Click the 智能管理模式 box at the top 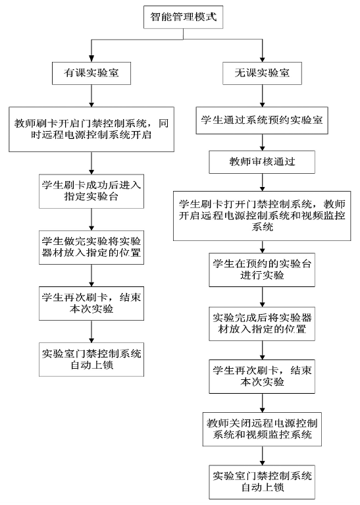click(x=183, y=17)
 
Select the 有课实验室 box click(x=91, y=74)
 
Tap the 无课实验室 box click(x=262, y=74)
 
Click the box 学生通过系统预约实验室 click(x=262, y=120)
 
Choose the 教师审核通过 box click(x=262, y=162)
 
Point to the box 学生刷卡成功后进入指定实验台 click(x=91, y=192)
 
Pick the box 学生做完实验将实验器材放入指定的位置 click(x=91, y=248)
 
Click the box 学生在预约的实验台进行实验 click(x=262, y=270)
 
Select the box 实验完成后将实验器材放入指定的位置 click(x=262, y=324)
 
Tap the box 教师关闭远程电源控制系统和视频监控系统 click(x=262, y=429)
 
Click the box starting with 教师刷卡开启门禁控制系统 click(x=91, y=130)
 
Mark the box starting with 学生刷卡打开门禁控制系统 click(x=262, y=216)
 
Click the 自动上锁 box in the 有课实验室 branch click(x=91, y=359)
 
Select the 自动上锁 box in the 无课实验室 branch click(x=262, y=482)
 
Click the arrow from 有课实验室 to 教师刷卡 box click(x=91, y=96)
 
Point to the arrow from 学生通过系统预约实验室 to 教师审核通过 click(x=262, y=142)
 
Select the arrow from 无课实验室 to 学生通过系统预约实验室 click(x=262, y=96)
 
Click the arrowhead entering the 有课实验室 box click(x=91, y=59)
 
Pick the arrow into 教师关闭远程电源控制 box click(x=262, y=403)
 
